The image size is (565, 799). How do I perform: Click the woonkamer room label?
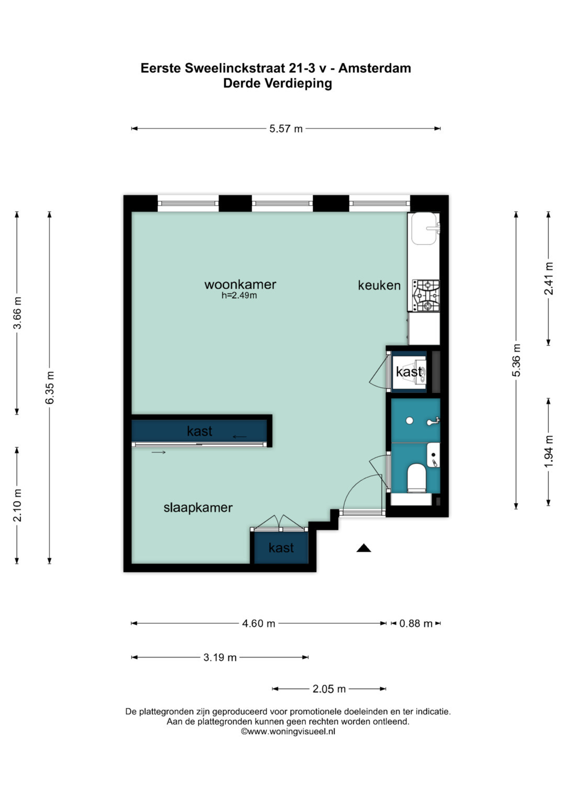coord(240,285)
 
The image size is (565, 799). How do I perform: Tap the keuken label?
coord(379,285)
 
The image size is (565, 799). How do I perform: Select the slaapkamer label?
coord(198,508)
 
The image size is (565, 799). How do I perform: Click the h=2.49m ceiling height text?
coord(239,296)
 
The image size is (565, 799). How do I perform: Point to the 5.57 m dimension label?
coord(286,129)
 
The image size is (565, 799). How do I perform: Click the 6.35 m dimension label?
coord(50,388)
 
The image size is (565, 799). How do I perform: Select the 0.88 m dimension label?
coord(416,624)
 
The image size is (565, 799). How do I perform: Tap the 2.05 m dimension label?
coord(329,689)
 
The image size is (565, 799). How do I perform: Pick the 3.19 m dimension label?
coord(220,658)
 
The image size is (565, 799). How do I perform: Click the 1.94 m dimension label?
coord(548,451)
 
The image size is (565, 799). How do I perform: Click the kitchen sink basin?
coord(424,229)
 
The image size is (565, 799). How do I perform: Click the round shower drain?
coord(410,421)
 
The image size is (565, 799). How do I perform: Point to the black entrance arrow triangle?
coord(364,548)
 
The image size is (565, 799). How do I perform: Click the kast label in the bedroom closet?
coord(281,548)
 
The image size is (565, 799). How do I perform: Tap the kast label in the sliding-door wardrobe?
coord(199,431)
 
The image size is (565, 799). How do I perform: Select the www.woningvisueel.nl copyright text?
coord(288,732)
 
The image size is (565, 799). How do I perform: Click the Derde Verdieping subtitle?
coord(277,83)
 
